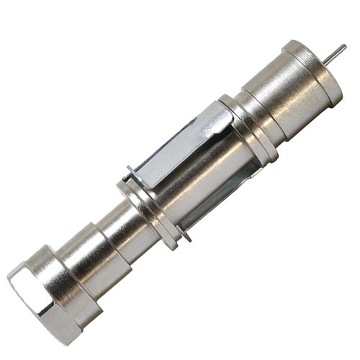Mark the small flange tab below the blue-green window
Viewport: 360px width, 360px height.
coord(186,234)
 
